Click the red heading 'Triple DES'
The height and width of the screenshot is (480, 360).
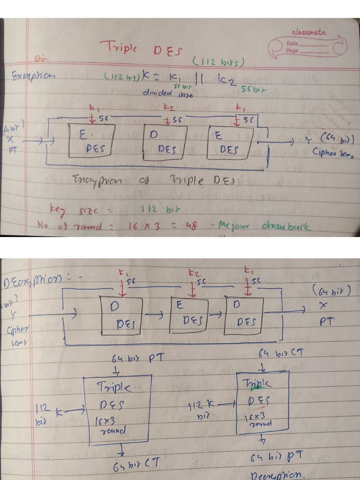click(140, 49)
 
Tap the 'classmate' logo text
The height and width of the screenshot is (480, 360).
click(308, 32)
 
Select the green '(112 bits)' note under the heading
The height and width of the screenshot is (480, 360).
click(218, 62)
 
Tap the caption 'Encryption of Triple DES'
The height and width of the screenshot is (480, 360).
click(155, 181)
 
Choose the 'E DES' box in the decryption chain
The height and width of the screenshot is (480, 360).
click(189, 315)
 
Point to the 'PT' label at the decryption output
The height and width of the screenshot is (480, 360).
click(326, 322)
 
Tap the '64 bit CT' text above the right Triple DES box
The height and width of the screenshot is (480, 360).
click(282, 352)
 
